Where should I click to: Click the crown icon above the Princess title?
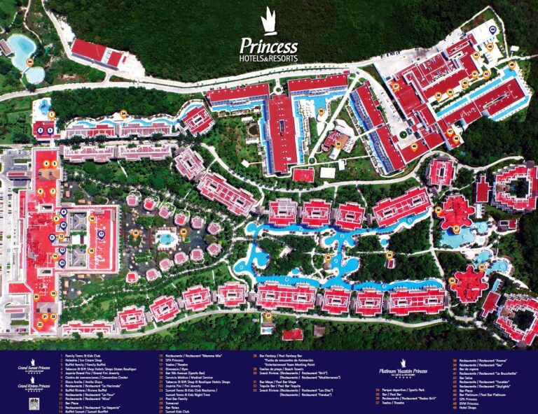click(268, 22)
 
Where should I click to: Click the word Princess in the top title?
click(269, 44)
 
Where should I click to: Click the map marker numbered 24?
click(123, 113)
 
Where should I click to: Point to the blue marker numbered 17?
click(101, 234)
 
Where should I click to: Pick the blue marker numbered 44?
click(492, 29)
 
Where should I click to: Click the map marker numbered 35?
click(322, 111)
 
